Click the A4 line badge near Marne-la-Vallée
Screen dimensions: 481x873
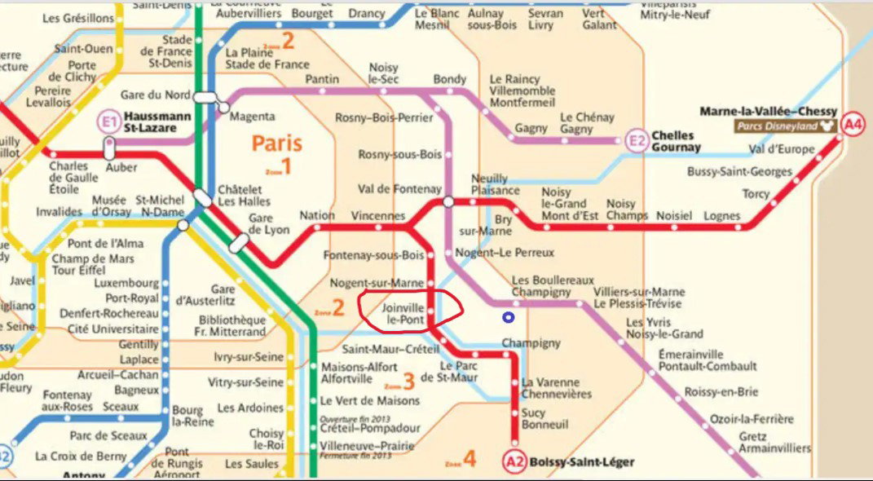(x=852, y=125)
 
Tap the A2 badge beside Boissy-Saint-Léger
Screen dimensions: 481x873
(x=515, y=462)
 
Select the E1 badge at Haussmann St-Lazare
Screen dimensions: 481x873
(x=108, y=122)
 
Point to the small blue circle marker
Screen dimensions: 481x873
(x=509, y=318)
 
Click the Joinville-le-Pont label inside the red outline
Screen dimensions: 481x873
(x=403, y=315)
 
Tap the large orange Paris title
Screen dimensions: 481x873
(x=276, y=144)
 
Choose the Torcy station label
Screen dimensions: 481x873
(x=755, y=194)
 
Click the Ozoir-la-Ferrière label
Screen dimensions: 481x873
(x=751, y=419)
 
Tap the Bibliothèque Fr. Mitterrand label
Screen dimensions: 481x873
(x=232, y=325)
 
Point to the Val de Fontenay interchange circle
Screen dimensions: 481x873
(x=448, y=201)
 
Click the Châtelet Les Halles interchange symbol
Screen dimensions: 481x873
(x=202, y=197)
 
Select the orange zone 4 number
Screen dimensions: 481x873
(x=469, y=460)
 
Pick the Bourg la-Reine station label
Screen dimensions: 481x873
(x=187, y=415)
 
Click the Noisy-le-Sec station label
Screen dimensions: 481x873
(x=383, y=73)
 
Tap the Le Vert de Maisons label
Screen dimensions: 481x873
(x=369, y=400)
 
